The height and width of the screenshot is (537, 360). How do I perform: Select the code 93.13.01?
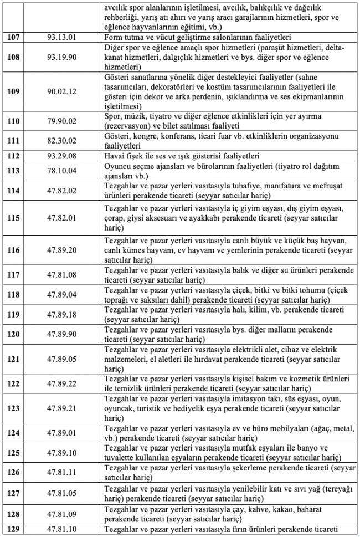coord(61,38)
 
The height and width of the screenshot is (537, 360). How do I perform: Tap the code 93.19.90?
coord(61,57)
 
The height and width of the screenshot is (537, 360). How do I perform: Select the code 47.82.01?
coord(61,218)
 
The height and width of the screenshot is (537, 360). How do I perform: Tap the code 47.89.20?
coord(61,250)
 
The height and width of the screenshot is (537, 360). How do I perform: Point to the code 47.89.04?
coord(61,295)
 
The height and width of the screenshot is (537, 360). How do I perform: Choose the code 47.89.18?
coord(61,315)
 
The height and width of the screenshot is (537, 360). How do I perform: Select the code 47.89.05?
coord(61,359)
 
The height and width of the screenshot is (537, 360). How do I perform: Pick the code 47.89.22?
coord(61,383)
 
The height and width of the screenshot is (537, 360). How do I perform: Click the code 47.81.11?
coord(61,473)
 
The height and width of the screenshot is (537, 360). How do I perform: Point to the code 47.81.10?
coord(61,529)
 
